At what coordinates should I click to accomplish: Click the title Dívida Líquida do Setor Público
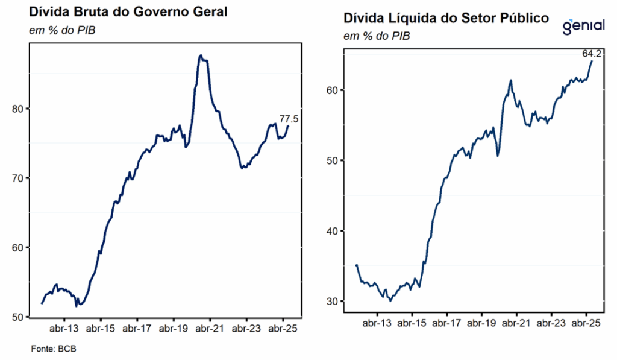coord(446,18)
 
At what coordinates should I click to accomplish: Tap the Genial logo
coord(584,27)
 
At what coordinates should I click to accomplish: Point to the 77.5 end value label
coord(289,119)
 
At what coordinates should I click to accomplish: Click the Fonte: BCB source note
coord(54,349)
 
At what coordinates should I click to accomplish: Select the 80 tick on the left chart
coord(17,109)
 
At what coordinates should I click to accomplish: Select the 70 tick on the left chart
coord(17,178)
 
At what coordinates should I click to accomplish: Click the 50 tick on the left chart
coord(17,317)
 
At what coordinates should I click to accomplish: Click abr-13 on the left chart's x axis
coord(63,329)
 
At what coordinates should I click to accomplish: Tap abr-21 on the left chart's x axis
coord(210,329)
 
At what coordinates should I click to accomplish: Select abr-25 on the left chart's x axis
coord(283,329)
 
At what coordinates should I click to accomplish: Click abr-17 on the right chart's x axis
coord(447,323)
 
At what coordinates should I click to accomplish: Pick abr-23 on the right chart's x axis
coord(552,323)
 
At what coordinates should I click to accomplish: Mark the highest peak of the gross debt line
coord(201,55)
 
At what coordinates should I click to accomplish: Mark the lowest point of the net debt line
coord(390,300)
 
